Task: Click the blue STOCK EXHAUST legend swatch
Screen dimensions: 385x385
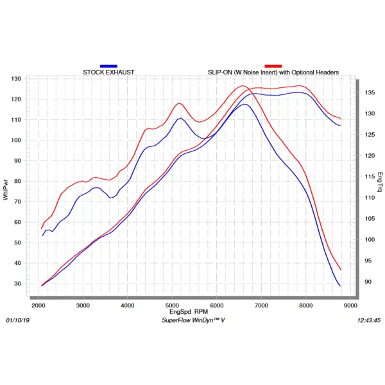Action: tap(108, 66)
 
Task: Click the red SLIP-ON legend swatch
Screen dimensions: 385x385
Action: tap(273, 66)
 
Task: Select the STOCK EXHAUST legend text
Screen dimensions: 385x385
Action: tap(108, 73)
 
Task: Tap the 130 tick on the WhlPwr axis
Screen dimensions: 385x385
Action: tap(16, 79)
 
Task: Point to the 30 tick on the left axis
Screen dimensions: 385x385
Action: tap(18, 284)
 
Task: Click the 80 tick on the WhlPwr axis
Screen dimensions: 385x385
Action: tap(18, 181)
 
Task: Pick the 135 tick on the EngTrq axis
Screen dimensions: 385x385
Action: tap(370, 92)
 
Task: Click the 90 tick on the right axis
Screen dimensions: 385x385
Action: tap(368, 282)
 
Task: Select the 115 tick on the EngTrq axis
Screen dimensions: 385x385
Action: tap(370, 176)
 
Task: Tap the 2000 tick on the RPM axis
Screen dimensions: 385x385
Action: tap(38, 305)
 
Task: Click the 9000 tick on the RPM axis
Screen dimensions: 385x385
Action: tap(350, 305)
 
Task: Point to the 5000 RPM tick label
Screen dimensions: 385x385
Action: tap(172, 305)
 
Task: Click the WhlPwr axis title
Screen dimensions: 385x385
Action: tap(6, 190)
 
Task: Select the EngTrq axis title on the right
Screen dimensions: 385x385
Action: tap(380, 182)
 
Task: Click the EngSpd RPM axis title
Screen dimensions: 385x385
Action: tap(189, 312)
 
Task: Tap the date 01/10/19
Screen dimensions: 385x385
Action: tap(18, 320)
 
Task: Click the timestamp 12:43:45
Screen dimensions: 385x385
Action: tap(369, 320)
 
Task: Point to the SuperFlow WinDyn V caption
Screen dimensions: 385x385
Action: tap(193, 320)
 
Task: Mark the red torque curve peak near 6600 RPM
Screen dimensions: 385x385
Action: tap(243, 86)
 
